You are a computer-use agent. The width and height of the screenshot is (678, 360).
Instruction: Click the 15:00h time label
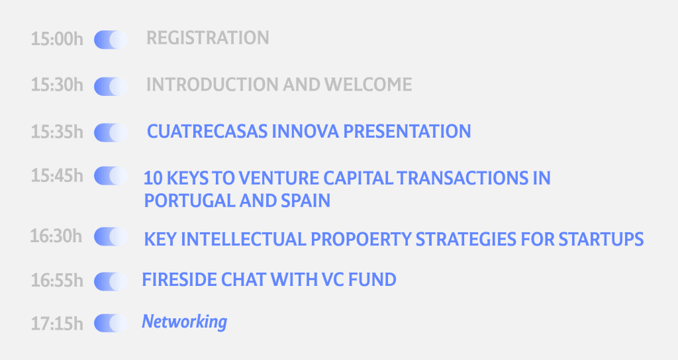[x=57, y=39]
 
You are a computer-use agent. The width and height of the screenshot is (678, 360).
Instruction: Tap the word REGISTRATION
[x=207, y=38]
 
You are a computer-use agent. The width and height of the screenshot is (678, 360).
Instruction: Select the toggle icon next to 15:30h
[x=111, y=86]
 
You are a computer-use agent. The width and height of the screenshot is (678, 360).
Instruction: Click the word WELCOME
[x=368, y=84]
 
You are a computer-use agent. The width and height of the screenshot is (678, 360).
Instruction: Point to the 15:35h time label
[x=57, y=132]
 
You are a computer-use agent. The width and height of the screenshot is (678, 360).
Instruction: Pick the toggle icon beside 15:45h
[x=111, y=176]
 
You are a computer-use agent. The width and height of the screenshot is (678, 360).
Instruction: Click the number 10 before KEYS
[x=153, y=178]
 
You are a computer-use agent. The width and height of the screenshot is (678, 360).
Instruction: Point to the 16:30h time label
[x=56, y=236]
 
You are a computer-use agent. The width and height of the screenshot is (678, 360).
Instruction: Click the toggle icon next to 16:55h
[x=111, y=281]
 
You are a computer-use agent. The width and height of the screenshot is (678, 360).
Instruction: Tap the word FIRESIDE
[x=179, y=280]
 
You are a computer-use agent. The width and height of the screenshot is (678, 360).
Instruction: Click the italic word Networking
[x=185, y=322]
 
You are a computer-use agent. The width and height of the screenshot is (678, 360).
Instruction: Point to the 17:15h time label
[x=57, y=324]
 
